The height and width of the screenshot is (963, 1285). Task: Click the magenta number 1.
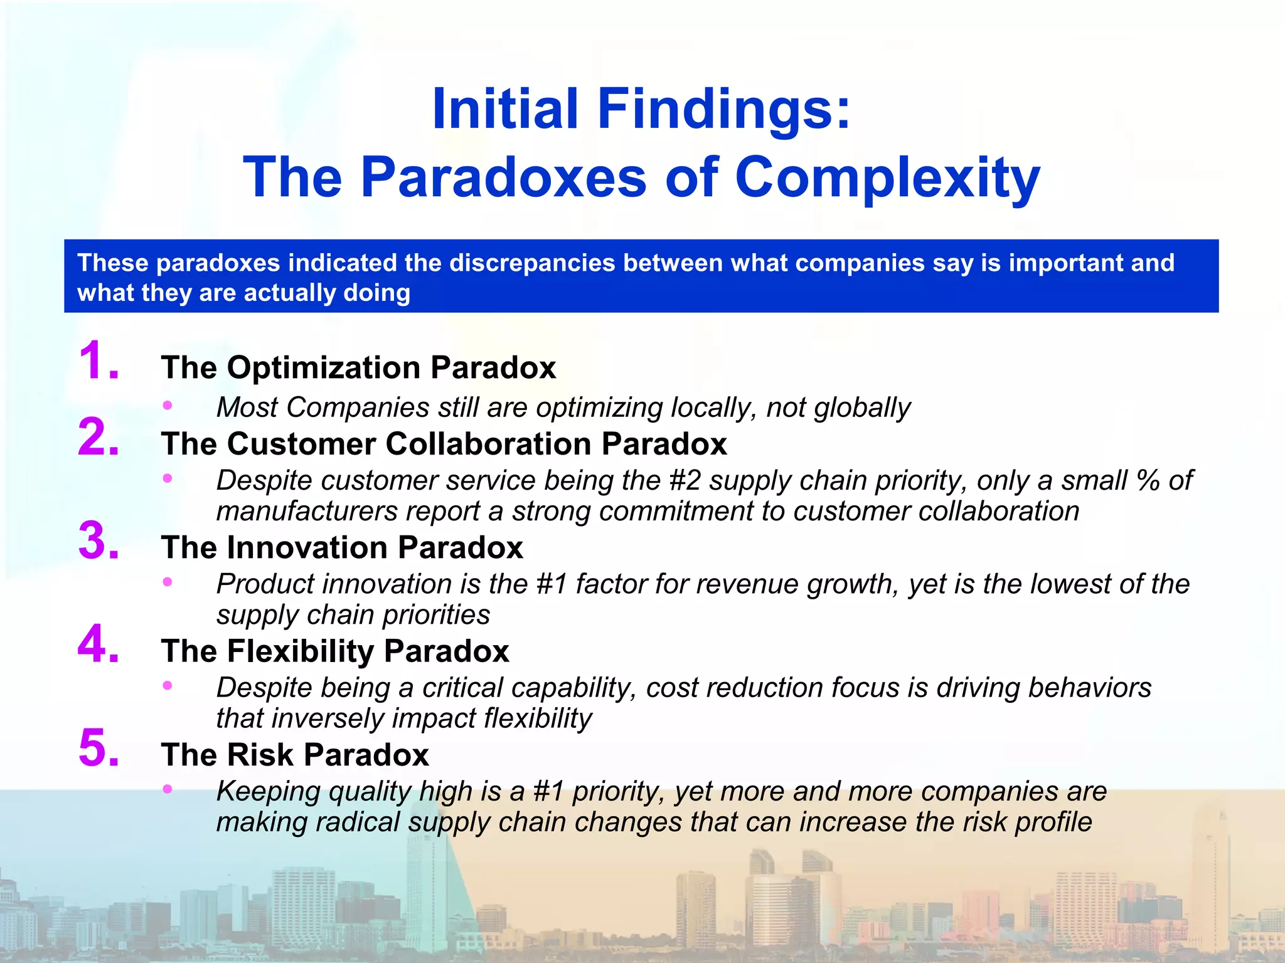(x=97, y=360)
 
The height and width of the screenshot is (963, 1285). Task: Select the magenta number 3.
(x=97, y=540)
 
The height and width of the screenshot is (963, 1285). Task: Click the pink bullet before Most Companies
(x=167, y=406)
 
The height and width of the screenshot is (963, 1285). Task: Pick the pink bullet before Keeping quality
(x=167, y=789)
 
